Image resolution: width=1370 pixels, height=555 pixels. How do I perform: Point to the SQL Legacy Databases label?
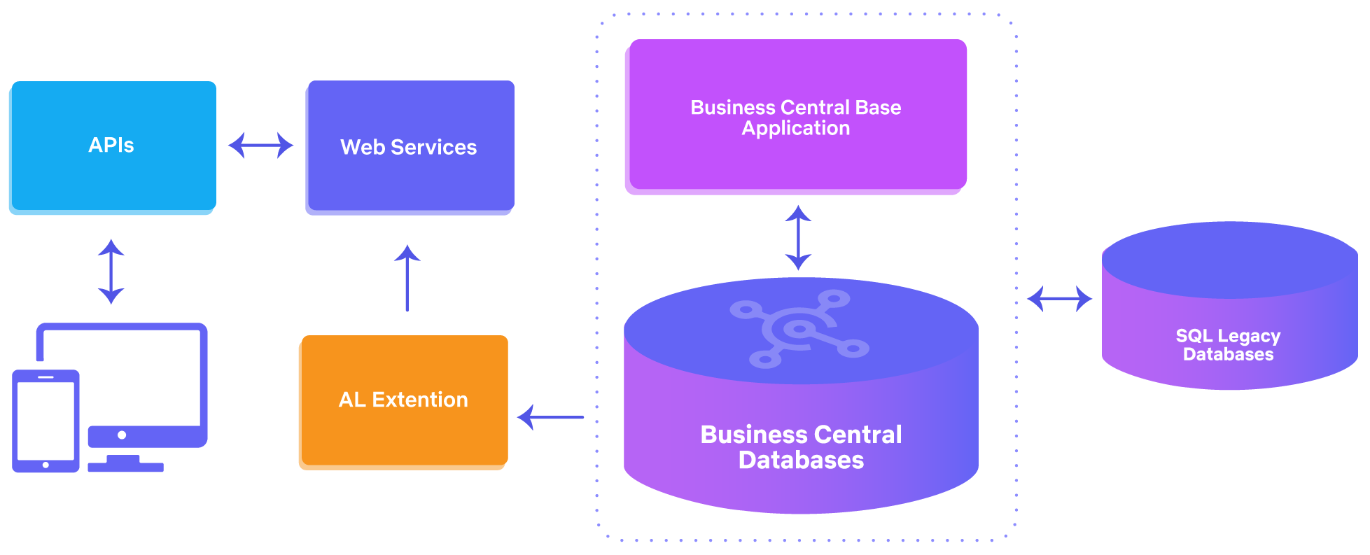pyautogui.click(x=1228, y=345)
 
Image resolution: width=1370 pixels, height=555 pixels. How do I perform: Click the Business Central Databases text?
pyautogui.click(x=801, y=447)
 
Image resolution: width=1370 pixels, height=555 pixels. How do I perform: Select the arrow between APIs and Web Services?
pyautogui.click(x=260, y=146)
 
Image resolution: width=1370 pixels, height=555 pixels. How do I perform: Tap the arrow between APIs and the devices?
pyautogui.click(x=111, y=272)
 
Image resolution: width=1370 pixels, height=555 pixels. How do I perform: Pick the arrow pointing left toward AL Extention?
pyautogui.click(x=551, y=417)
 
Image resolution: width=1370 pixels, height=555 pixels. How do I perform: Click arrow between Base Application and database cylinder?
pyautogui.click(x=798, y=237)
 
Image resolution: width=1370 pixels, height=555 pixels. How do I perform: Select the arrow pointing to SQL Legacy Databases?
pyautogui.click(x=1059, y=298)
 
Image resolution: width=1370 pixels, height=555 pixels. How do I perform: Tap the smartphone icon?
pyautogui.click(x=46, y=421)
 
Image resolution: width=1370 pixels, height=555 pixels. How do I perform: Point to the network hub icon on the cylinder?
pyautogui.click(x=798, y=328)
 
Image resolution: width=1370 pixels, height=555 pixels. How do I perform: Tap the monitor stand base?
pyautogui.click(x=125, y=467)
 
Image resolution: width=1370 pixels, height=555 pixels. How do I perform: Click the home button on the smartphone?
pyautogui.click(x=46, y=465)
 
